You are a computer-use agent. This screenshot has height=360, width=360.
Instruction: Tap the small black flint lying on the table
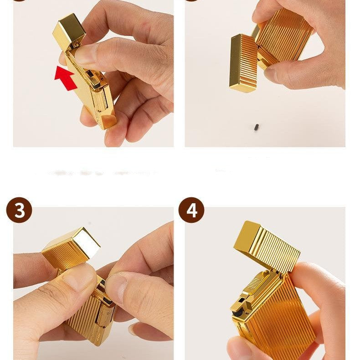pos(257,125)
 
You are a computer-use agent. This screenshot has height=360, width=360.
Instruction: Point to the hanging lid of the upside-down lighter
pos(242,64)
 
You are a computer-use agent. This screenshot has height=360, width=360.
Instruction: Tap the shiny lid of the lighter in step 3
pos(73,246)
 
